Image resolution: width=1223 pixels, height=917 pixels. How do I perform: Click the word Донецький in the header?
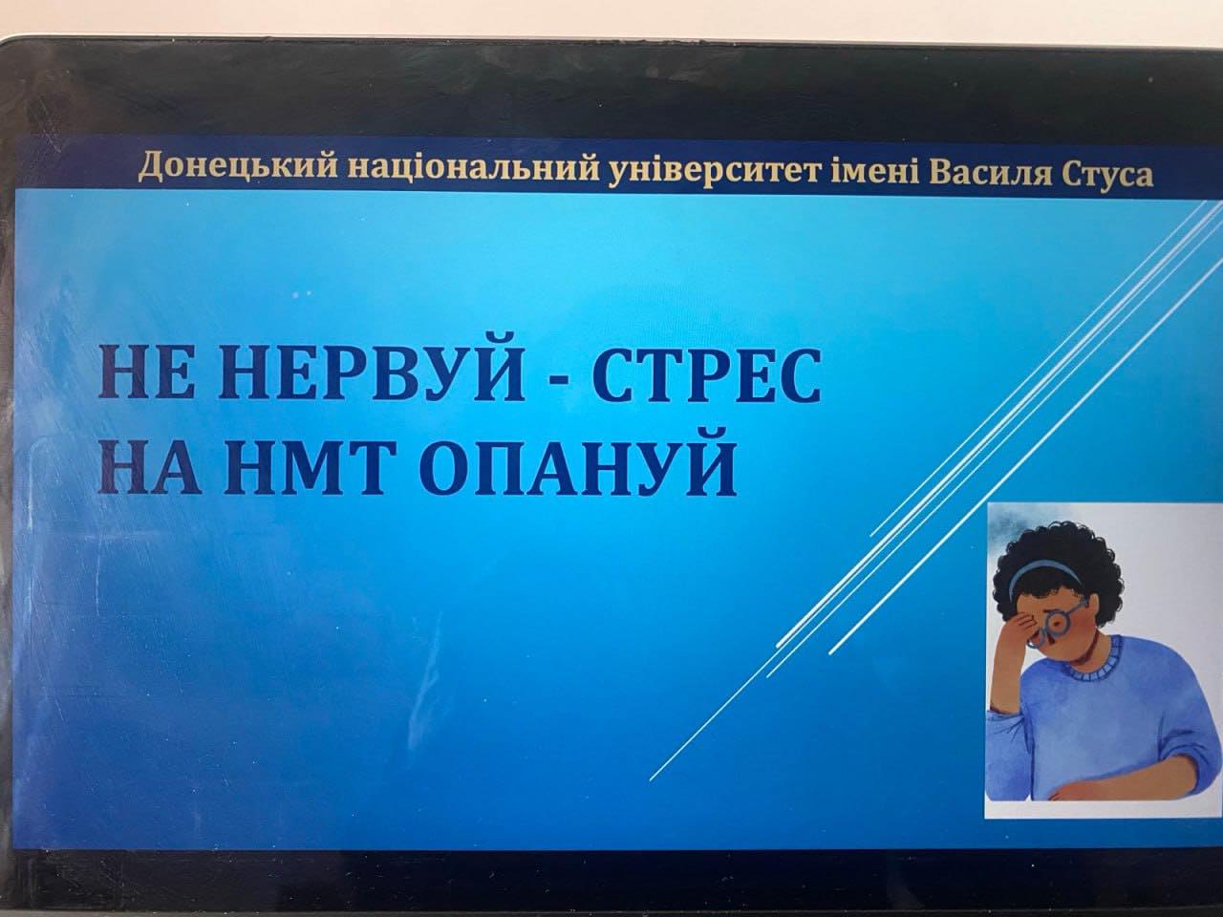point(238,166)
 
